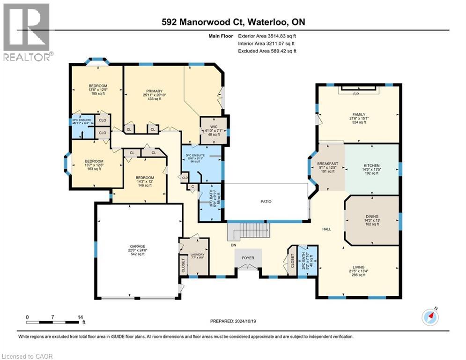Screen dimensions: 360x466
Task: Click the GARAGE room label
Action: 138,246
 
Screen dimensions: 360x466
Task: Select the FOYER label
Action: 248,257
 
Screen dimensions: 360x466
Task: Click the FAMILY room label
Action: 359,114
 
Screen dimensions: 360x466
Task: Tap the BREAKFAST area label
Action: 327,164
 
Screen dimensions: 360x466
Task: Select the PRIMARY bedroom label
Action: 154,91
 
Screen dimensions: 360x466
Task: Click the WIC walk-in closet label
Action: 213,127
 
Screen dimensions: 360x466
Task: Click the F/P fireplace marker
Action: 355,93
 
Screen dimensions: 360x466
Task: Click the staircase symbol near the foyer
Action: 249,231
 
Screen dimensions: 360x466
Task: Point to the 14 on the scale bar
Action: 79,317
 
